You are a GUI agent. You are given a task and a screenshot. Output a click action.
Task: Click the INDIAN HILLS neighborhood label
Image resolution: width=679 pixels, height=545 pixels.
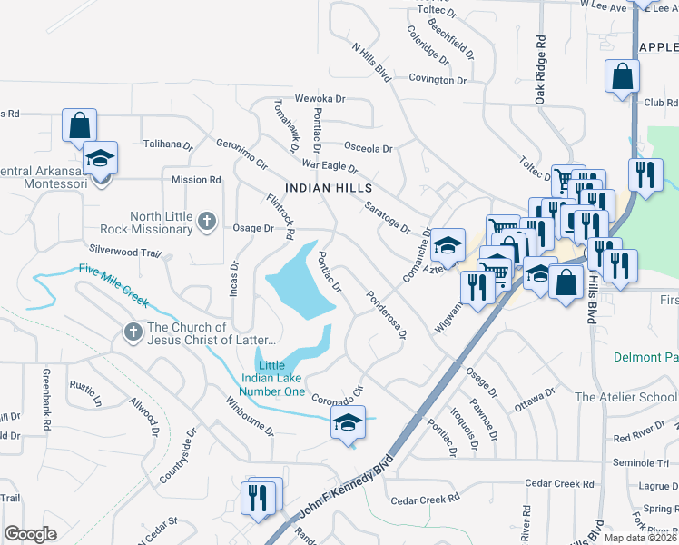[329, 187]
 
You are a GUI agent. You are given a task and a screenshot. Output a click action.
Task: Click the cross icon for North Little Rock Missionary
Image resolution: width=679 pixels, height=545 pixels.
[207, 221]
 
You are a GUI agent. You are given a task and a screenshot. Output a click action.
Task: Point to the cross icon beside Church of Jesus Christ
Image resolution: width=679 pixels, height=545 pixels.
[133, 333]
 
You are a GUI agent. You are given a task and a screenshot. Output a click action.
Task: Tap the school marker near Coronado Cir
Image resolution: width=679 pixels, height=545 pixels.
[347, 423]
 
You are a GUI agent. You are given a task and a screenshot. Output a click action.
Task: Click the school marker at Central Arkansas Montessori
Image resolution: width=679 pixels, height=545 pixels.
[101, 158]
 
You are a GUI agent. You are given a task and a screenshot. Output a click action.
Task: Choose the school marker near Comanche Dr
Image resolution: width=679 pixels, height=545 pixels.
[447, 244]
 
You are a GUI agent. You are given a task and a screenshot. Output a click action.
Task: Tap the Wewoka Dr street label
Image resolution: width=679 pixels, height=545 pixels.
[320, 98]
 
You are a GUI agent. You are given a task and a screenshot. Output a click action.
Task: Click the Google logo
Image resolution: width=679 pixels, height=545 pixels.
[31, 534]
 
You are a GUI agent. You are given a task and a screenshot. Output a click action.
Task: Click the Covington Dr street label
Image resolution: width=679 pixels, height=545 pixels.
[437, 80]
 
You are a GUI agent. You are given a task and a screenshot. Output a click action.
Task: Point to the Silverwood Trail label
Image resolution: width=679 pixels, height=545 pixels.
[124, 249]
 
